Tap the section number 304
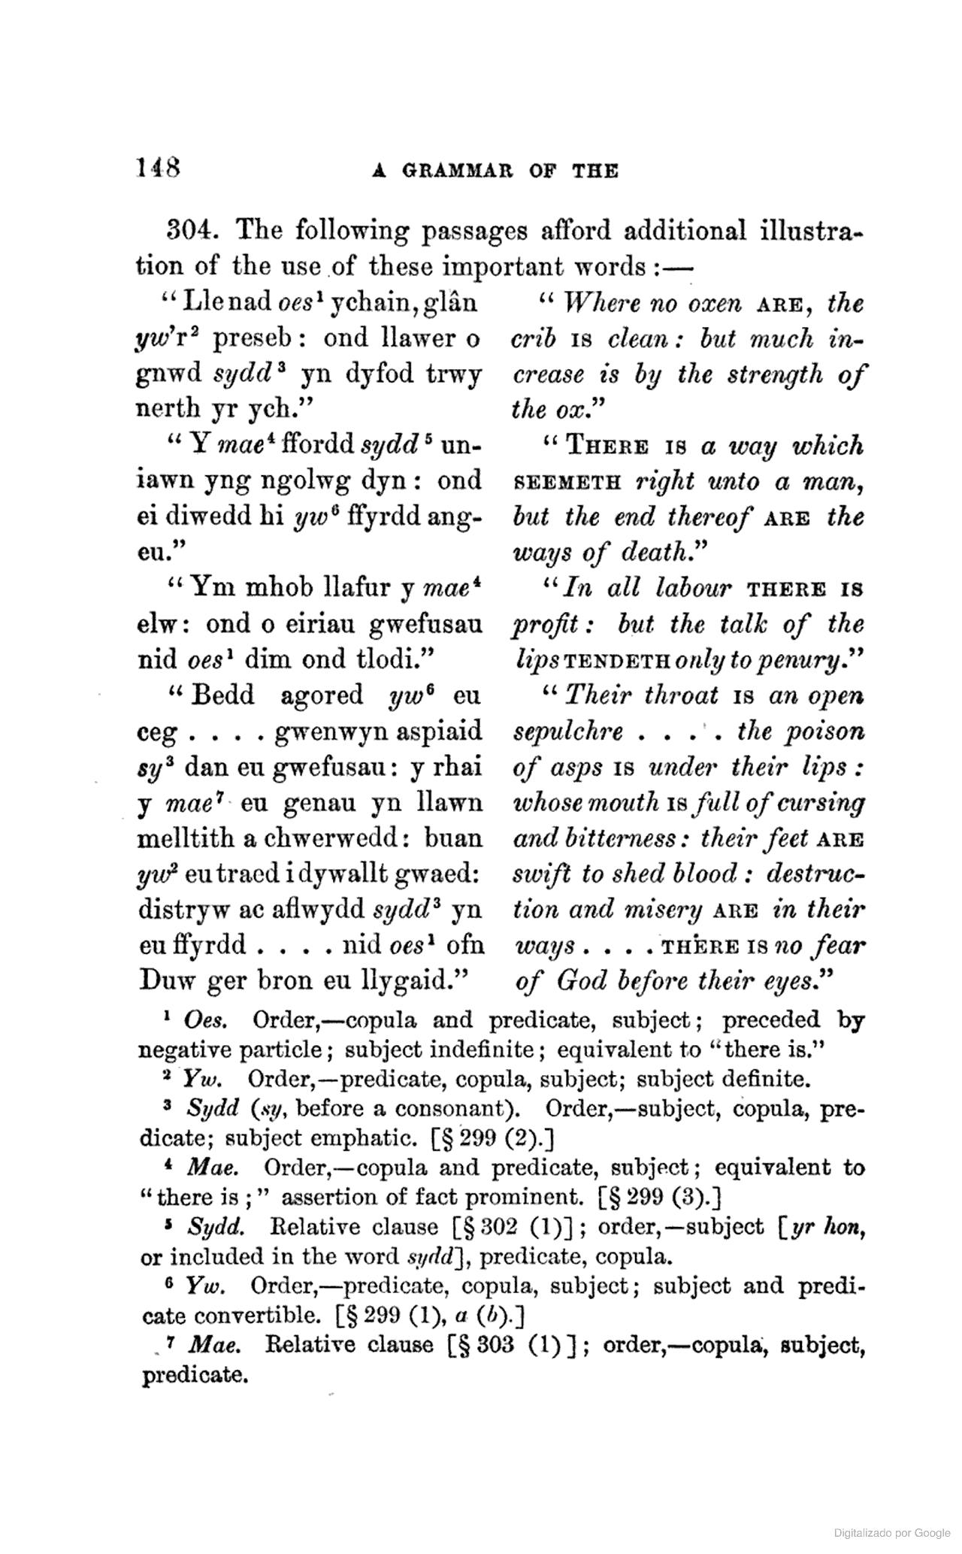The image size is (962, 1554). pos(192,231)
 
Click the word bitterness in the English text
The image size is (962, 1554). pos(631,838)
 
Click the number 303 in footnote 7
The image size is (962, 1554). pos(495,1345)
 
